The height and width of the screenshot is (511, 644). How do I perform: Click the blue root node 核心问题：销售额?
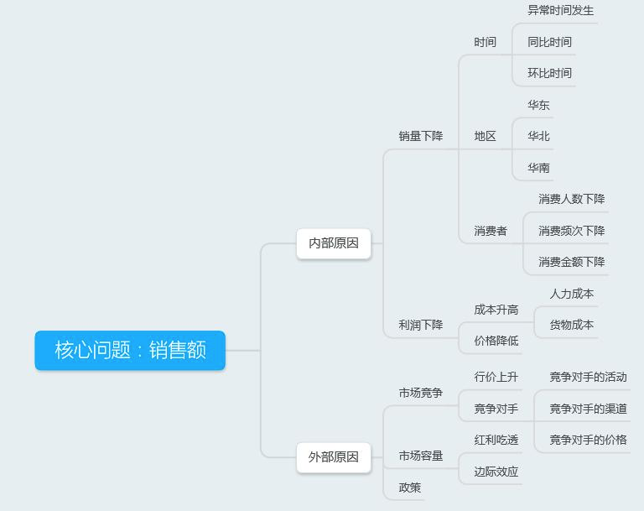130,350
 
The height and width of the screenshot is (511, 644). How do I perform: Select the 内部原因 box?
334,243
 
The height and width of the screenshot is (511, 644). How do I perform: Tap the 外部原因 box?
334,457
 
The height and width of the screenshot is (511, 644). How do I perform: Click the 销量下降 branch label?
420,136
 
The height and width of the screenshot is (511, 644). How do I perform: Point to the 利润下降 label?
420,325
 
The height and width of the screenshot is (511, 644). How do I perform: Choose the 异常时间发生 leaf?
560,11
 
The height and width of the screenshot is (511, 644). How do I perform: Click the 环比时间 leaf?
549,73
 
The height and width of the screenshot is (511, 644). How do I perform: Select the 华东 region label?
538,105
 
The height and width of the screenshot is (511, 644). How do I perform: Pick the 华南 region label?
538,168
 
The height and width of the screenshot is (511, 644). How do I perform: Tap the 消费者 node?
490,231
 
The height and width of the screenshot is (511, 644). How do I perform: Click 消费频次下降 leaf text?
571,231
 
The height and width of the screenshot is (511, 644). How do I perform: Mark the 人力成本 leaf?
571,294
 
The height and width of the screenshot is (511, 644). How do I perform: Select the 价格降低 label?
496,341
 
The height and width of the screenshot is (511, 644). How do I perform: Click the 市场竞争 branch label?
420,393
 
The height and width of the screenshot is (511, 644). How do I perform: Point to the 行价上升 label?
496,377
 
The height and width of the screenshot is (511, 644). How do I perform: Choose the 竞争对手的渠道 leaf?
588,409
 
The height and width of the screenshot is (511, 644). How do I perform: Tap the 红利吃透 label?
496,440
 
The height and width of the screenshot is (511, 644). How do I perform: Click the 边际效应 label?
496,472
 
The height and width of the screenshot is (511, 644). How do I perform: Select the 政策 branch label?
409,488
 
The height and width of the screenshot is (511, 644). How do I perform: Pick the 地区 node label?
485,136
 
